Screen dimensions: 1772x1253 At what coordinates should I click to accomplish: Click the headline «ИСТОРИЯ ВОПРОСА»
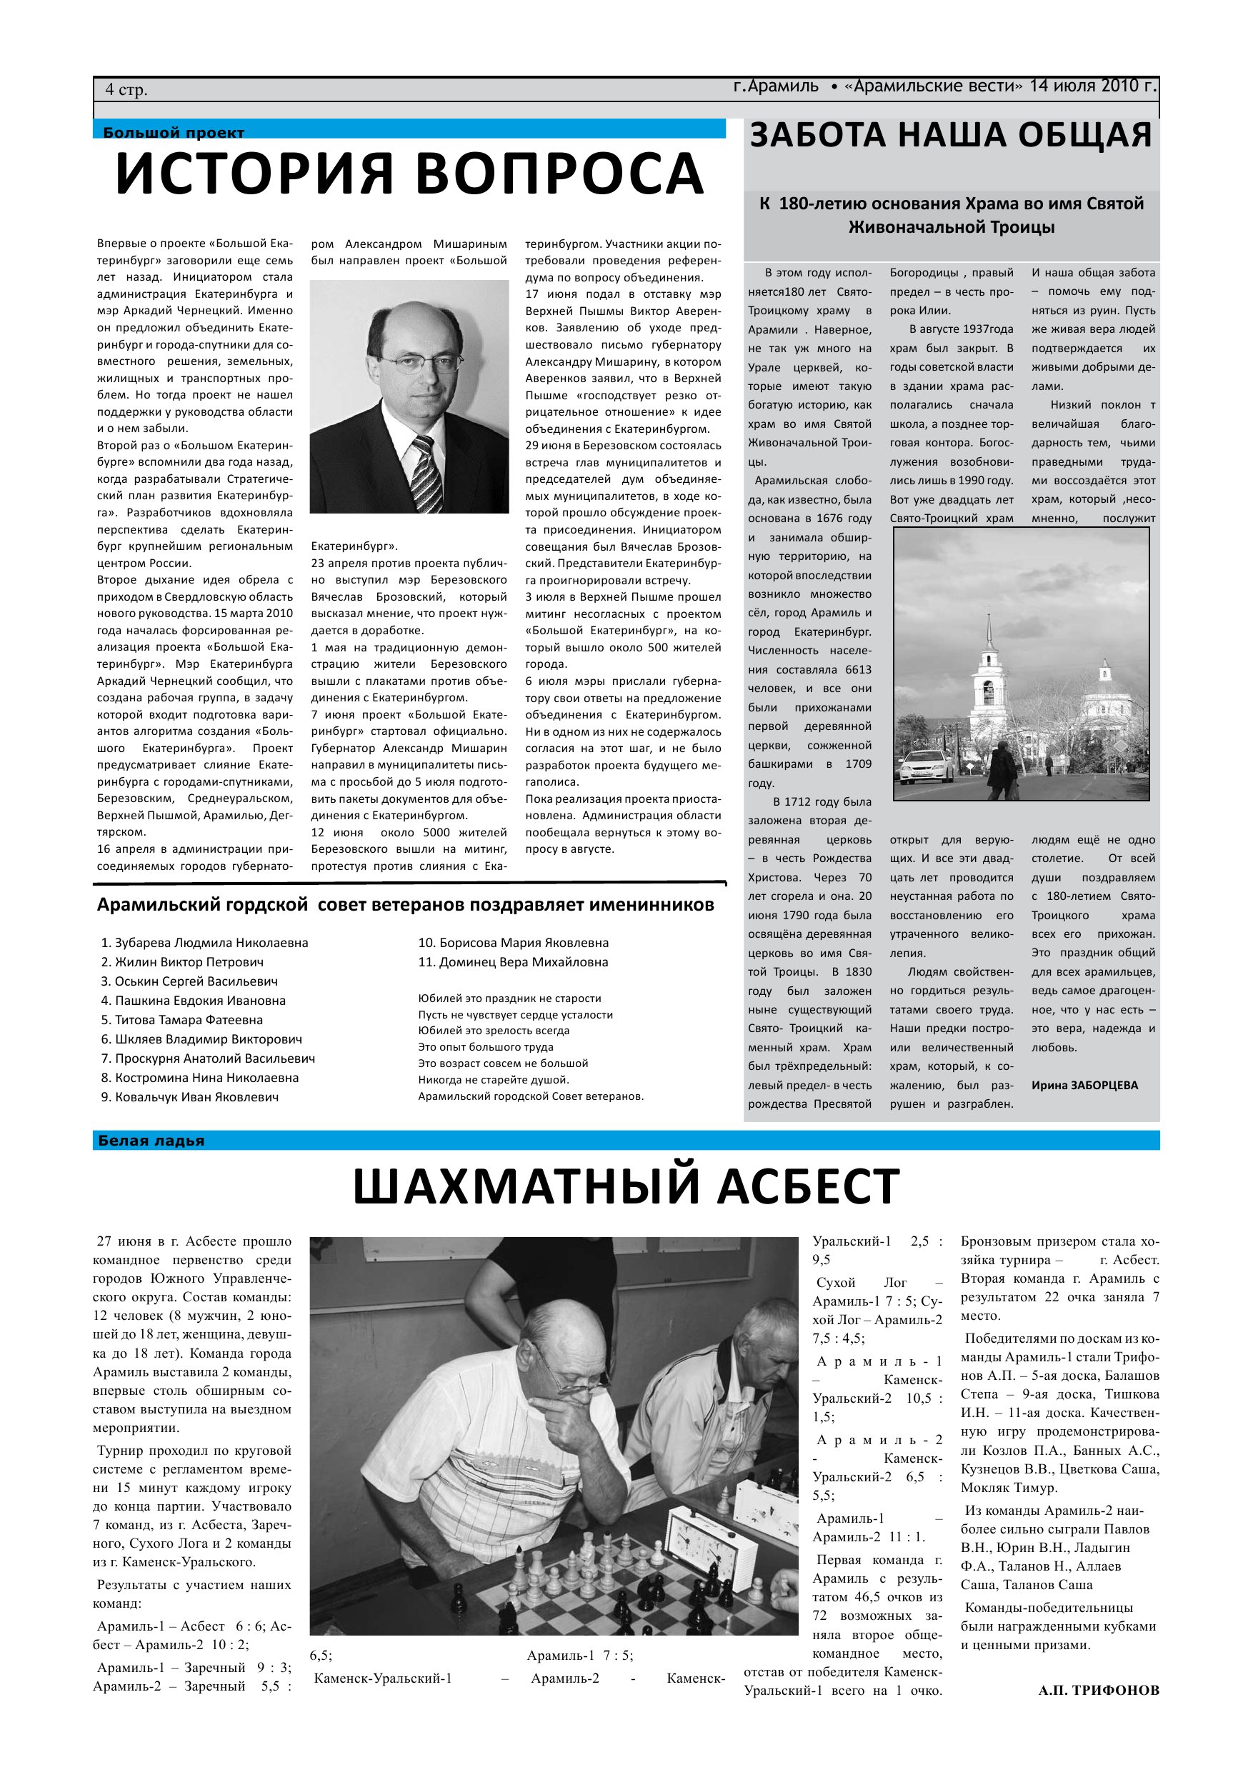409,173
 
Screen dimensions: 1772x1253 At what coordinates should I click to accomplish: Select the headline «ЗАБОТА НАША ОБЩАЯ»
950,136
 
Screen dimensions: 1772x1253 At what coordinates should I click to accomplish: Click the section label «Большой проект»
174,133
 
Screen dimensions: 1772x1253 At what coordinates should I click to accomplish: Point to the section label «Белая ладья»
151,1141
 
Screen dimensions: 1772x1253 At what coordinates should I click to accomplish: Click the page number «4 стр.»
126,90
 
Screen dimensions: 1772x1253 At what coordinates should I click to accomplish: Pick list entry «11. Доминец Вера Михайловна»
513,961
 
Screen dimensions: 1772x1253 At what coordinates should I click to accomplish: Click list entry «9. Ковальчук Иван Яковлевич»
190,1096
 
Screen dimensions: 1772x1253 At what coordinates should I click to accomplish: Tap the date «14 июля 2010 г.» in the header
1093,86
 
